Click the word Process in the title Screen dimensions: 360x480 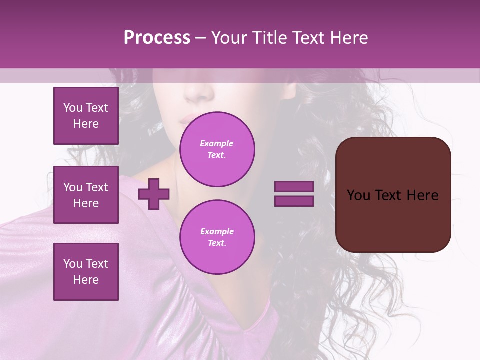(157, 38)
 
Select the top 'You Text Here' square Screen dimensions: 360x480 (86, 116)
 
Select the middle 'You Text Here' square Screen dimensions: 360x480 (86, 195)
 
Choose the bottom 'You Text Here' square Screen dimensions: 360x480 (86, 272)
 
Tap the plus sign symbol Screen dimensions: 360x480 (154, 194)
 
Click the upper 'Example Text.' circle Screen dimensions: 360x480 (217, 149)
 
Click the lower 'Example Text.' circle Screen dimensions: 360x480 (217, 237)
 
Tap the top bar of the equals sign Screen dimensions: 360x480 (294, 187)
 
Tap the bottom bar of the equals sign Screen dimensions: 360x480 (294, 201)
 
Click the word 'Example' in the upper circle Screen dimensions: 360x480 (217, 144)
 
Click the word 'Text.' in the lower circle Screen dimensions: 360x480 (217, 243)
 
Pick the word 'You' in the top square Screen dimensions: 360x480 (73, 108)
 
